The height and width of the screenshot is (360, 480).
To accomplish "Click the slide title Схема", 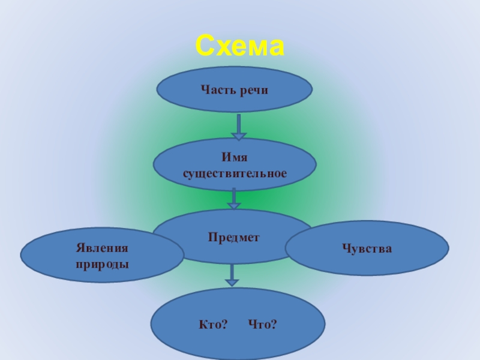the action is click(x=240, y=46).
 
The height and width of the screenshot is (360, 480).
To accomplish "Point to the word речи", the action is click(x=253, y=90).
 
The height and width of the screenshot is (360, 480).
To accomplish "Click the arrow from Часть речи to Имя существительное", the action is click(x=239, y=127).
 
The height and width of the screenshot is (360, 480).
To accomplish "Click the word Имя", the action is click(x=235, y=158).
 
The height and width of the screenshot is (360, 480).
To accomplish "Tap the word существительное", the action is click(x=235, y=173).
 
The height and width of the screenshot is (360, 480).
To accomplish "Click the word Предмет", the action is click(x=234, y=238).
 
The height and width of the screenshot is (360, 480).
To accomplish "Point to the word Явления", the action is click(x=103, y=248).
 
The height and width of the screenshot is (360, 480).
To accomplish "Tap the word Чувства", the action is click(x=367, y=248).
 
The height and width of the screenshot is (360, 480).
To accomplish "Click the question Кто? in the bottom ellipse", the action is click(x=213, y=325).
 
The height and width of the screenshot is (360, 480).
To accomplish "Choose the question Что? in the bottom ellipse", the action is click(x=262, y=325).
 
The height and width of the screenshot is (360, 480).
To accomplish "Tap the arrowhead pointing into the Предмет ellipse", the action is click(x=234, y=206).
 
